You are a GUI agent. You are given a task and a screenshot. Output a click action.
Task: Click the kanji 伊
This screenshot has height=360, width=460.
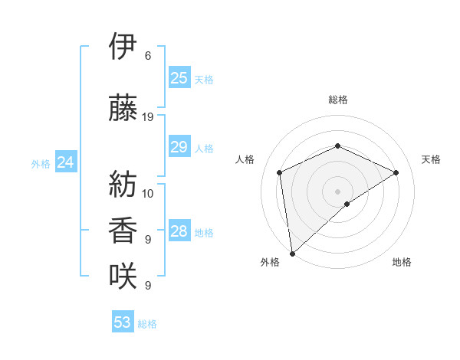(x=123, y=47)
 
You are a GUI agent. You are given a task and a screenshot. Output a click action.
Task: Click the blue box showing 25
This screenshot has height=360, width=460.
(x=179, y=78)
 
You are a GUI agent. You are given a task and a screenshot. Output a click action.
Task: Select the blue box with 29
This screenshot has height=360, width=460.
(x=179, y=147)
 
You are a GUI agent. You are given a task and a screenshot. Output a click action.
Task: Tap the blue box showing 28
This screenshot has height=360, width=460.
(x=179, y=231)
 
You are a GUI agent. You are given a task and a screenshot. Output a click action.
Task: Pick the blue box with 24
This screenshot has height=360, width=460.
(x=66, y=162)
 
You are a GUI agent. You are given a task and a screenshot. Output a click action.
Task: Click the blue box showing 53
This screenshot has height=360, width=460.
(x=123, y=322)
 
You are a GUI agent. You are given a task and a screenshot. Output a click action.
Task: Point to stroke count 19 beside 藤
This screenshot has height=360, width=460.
(x=149, y=117)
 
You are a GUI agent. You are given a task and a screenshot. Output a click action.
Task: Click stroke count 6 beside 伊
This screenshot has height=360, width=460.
(x=148, y=56)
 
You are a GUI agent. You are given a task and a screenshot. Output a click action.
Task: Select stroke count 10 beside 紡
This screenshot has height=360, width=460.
(x=149, y=194)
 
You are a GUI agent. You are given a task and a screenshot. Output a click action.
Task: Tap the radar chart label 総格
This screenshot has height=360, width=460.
(x=337, y=100)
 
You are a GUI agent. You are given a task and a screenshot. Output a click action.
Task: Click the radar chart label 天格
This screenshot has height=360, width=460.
(x=432, y=159)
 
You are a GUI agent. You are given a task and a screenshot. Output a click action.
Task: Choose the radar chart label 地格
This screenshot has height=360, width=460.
(x=402, y=262)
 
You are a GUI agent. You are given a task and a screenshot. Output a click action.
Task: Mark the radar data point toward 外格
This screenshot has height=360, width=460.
(x=292, y=253)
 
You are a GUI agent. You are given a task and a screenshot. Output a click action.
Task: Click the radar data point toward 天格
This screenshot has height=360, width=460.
(x=396, y=172)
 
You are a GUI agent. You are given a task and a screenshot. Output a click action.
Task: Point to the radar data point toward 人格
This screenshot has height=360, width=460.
(x=280, y=172)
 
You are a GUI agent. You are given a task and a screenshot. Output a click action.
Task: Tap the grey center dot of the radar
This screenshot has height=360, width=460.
(x=337, y=191)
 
